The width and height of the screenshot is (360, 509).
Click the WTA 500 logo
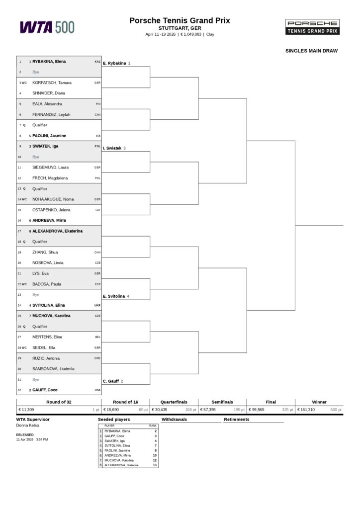coord(47,27)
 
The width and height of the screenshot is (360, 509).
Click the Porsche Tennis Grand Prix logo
coord(312,27)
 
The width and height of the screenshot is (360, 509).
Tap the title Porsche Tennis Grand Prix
coord(180,20)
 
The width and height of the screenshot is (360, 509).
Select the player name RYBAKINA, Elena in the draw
coord(49,62)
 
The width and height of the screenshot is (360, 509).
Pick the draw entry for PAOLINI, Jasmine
coord(49,136)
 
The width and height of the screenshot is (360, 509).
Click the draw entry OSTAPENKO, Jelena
coord(51,210)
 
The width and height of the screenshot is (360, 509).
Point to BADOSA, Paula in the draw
coord(47,284)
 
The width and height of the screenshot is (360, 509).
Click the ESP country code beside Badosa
coord(97,284)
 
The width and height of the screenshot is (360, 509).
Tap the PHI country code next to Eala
coord(98,104)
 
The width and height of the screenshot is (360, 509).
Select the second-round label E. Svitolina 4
coord(116,296)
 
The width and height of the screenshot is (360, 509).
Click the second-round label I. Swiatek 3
coord(114,148)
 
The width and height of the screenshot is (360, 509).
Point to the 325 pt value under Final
coord(287,410)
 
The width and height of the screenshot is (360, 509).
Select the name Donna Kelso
coord(27,425)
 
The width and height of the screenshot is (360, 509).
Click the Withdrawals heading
coord(174,420)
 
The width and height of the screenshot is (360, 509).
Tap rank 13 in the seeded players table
coord(155,465)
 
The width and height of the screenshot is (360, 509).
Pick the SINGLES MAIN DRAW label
coord(311,51)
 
